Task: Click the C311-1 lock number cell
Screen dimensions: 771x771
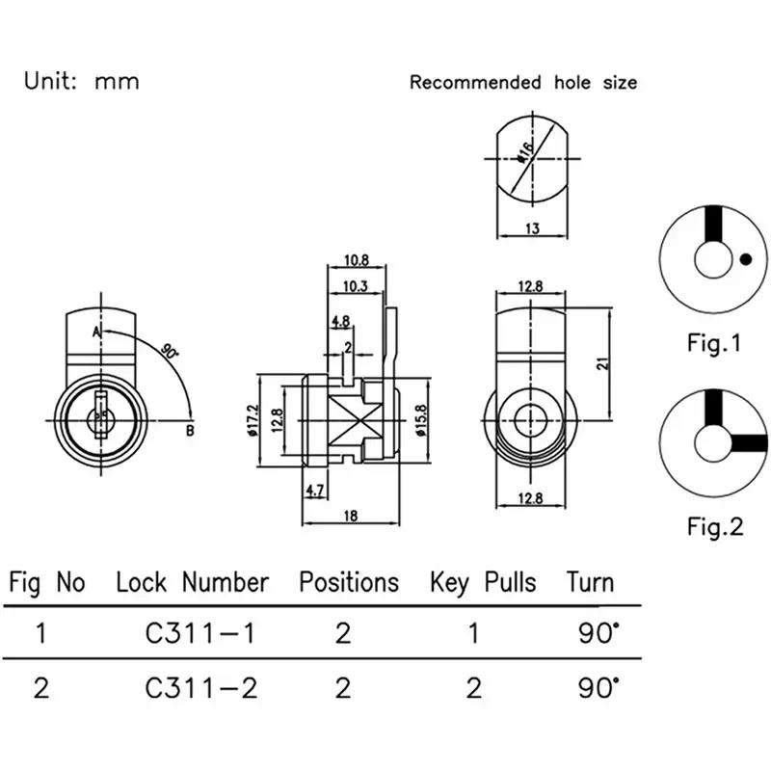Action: [201, 633]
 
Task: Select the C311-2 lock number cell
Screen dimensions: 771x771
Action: [201, 688]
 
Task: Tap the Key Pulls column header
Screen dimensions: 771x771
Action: [483, 582]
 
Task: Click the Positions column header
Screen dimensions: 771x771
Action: [348, 582]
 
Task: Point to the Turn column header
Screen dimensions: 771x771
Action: [590, 582]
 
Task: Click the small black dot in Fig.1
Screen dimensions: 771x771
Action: [745, 258]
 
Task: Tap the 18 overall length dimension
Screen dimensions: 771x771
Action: [350, 517]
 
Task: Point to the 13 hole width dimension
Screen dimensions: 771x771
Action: [533, 228]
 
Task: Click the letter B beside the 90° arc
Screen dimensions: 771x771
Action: [190, 430]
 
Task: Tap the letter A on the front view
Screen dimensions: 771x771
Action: [97, 331]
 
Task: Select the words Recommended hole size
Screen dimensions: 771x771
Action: [523, 83]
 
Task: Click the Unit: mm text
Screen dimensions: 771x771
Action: [82, 81]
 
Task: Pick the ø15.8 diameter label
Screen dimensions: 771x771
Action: [422, 417]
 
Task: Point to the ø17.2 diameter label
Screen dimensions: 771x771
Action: [253, 418]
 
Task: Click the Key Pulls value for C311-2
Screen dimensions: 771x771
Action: [473, 688]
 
